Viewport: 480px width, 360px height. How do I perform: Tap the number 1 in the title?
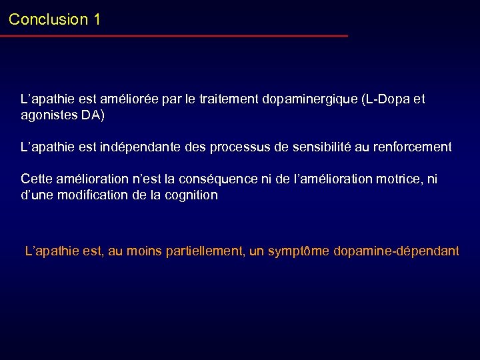tap(97, 19)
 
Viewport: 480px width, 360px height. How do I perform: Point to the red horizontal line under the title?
tap(173, 36)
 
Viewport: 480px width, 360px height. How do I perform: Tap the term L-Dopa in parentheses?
tap(385, 100)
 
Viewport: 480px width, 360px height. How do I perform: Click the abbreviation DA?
tap(92, 115)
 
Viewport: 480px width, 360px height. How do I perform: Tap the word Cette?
tap(36, 179)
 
